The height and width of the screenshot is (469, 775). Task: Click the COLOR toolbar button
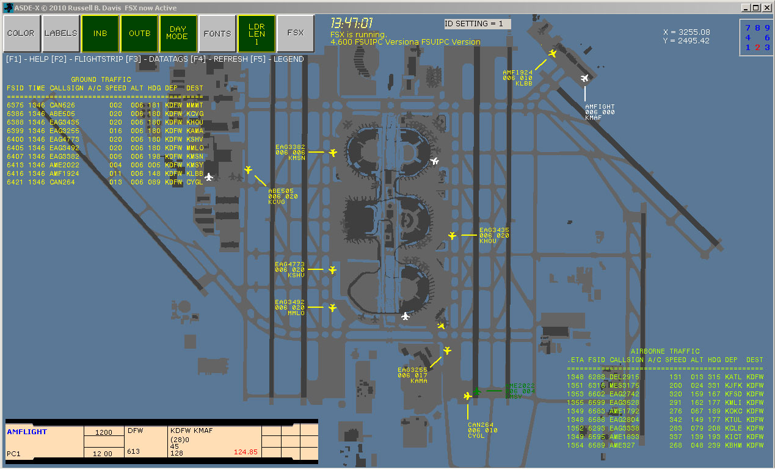point(21,34)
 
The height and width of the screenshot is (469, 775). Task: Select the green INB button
point(100,34)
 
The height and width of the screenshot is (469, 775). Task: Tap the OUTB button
point(139,34)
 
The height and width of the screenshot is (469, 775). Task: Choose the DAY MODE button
point(178,34)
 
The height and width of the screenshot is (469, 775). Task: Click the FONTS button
point(217,34)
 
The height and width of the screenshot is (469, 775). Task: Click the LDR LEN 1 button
point(257,34)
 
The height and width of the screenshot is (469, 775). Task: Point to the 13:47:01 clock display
point(352,24)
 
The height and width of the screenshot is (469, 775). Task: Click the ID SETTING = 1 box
point(477,24)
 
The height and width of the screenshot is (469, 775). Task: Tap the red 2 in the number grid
point(758,48)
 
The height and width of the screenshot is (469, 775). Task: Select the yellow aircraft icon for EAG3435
point(453,235)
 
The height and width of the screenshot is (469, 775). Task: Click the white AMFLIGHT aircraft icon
point(585,78)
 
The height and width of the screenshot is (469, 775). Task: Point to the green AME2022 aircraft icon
point(477,390)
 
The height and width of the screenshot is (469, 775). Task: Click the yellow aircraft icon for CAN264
point(468,396)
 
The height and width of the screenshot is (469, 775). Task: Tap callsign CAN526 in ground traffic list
point(62,105)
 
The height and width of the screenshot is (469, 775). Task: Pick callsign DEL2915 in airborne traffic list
point(624,377)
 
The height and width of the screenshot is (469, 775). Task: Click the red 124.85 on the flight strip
point(246,452)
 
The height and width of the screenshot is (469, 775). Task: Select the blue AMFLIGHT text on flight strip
point(27,432)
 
